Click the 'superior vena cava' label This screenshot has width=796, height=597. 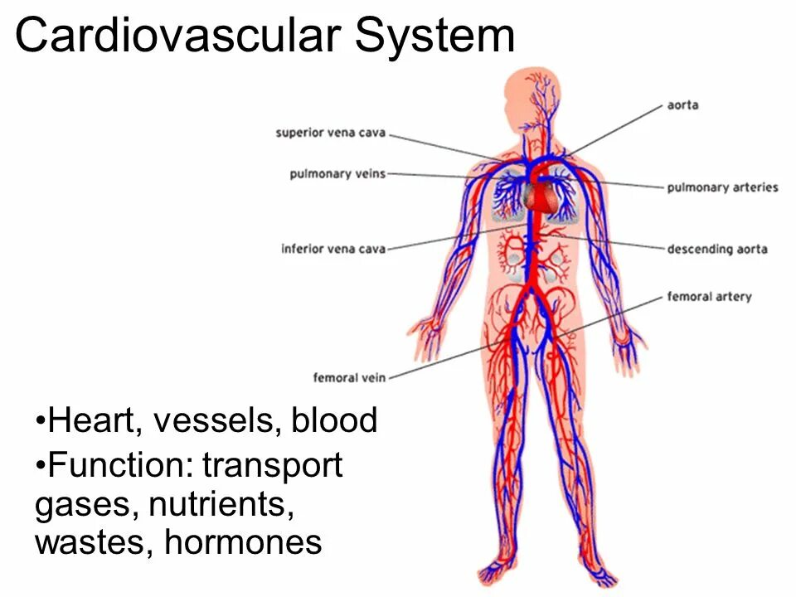click(331, 133)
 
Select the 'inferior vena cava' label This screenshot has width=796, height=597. click(333, 248)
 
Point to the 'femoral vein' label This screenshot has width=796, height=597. click(349, 378)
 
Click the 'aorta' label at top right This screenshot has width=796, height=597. click(682, 105)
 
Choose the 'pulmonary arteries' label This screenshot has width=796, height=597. click(722, 187)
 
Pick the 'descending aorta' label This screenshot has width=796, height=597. click(717, 249)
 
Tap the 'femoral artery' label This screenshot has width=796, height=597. click(709, 296)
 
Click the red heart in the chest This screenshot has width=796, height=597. click(538, 197)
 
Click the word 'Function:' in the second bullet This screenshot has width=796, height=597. click(121, 465)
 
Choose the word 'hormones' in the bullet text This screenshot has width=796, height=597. click(243, 542)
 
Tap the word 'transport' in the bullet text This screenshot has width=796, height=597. click(273, 465)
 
